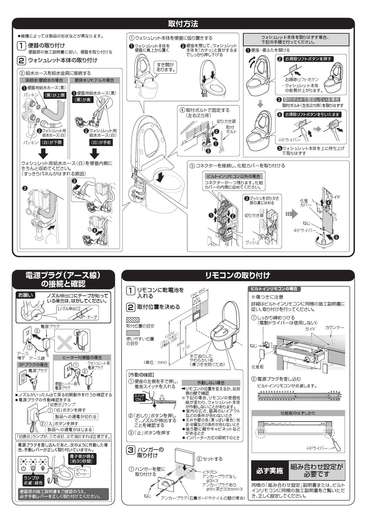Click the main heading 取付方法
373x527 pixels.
(x=183, y=24)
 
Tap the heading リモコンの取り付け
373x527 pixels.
(x=238, y=275)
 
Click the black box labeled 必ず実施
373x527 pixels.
(x=270, y=471)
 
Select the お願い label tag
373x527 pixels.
(x=26, y=295)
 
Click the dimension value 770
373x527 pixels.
(x=186, y=348)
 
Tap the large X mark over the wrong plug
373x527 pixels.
(x=65, y=341)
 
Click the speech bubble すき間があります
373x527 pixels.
(x=165, y=67)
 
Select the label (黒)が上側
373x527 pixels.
(x=54, y=95)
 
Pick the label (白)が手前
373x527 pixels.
(x=101, y=142)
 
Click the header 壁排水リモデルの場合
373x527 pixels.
(x=94, y=80)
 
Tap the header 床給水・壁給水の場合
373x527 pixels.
(x=44, y=80)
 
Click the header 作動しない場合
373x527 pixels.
(x=211, y=383)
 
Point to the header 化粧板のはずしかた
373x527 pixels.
(x=298, y=413)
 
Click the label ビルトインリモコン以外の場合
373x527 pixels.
(x=233, y=176)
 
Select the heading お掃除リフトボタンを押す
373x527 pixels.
(x=308, y=59)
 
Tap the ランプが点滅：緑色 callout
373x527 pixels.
(x=33, y=480)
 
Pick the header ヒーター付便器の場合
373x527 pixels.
(x=82, y=357)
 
